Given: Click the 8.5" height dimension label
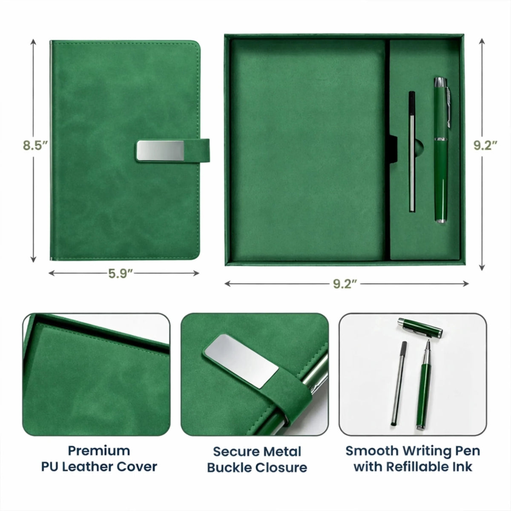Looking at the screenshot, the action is point(35,146).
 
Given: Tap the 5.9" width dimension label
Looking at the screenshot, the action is point(121,273).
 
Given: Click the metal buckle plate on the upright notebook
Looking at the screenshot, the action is point(161,151).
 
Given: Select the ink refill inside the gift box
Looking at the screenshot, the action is point(412,152).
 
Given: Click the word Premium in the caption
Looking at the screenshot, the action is point(99,451).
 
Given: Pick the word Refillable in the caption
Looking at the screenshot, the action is point(418,467).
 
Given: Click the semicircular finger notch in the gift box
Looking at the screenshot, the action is point(419,146).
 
